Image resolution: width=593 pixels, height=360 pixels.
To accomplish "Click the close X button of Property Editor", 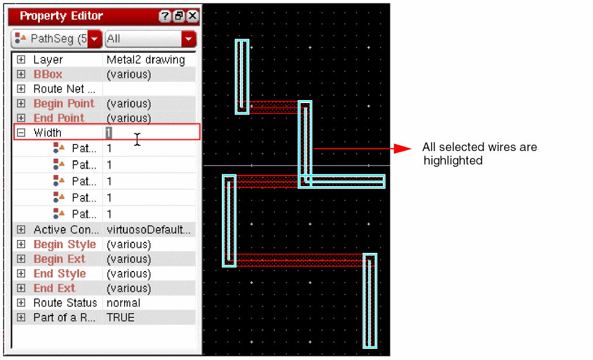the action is pos(193,16).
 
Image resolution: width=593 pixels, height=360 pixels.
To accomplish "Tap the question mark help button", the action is pos(164,16).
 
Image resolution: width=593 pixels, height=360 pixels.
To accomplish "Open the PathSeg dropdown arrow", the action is pos(95,39).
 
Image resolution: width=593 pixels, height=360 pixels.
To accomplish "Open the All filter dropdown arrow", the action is pos(188,39).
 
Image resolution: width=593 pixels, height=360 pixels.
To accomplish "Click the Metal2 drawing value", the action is pos(146,60).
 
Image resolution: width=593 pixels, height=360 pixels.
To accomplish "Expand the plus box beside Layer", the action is pos(21,59).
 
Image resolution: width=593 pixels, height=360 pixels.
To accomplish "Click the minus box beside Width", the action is pos(21,132).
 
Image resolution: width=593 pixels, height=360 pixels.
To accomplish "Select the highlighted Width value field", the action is pos(108,133).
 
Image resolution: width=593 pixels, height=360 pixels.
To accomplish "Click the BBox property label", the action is pos(47,74).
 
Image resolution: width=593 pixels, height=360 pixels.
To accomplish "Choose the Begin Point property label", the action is pos(64,103).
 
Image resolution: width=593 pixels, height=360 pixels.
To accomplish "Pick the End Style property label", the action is pos(60,273).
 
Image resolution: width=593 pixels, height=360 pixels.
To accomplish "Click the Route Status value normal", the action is pos(124,303).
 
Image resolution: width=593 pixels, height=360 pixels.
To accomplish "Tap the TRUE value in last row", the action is pos(120,318).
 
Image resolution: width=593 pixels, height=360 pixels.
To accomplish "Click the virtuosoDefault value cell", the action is pos(149,229).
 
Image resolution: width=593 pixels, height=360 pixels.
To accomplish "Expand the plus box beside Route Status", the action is pos(21,303).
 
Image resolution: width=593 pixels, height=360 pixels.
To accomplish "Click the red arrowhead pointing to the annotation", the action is pos(403,149).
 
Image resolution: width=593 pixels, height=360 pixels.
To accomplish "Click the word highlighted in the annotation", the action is pos(453,161).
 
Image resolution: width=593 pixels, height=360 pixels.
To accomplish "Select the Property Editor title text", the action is pos(61,16).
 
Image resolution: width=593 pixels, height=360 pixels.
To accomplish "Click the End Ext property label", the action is pos(54,288).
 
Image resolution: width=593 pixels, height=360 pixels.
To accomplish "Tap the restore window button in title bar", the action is pos(179,16).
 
